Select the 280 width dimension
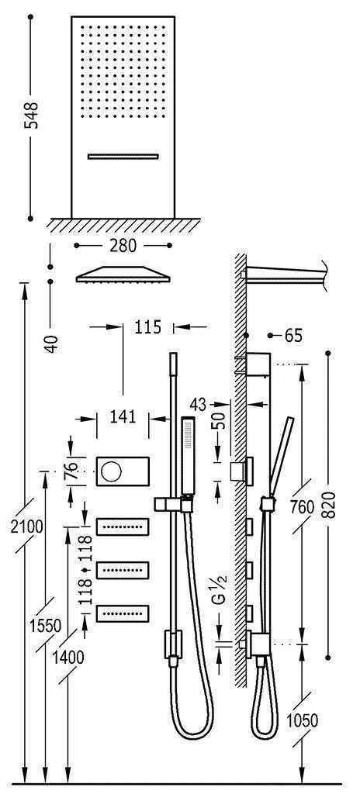coord(123,246)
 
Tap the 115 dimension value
coord(147,327)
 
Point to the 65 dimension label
coord(292,336)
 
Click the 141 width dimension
coord(120,417)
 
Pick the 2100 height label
coord(27,527)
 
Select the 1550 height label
coord(48,626)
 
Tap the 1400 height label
coord(70,657)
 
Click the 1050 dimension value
coord(302,721)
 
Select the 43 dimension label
coord(199,404)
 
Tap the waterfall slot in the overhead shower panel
coord(123,157)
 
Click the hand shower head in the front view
coord(186,455)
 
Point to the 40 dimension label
coord(51,343)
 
